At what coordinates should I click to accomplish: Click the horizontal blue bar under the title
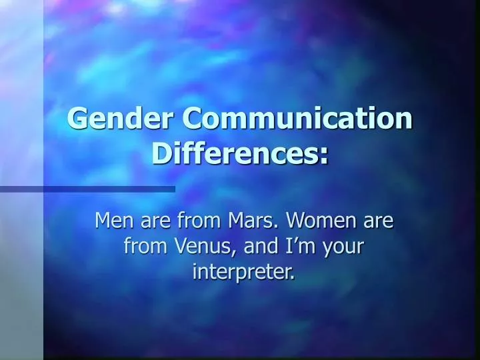click(x=87, y=189)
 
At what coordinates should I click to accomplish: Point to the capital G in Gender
click(x=77, y=119)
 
